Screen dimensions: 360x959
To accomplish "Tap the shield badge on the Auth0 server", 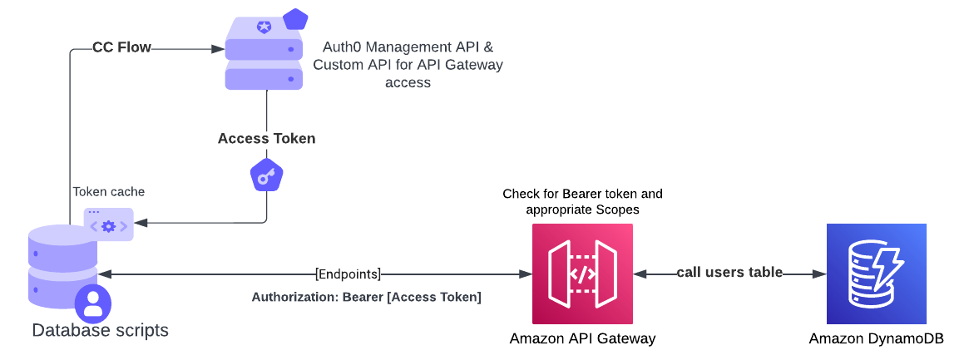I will click(264, 27).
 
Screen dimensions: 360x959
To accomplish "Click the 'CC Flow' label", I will click(121, 48).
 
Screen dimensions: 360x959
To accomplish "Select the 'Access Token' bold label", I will click(266, 139).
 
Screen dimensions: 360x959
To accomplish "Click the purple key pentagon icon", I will click(266, 175).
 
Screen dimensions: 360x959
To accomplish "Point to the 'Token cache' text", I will click(108, 191).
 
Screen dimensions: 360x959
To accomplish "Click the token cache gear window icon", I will click(108, 224).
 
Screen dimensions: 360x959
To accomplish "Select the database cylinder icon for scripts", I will click(62, 266).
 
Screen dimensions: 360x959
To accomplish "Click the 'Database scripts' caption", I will click(100, 331).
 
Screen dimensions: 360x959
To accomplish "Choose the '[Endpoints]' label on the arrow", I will click(349, 274).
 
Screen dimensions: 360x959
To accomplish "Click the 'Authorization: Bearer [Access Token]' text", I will click(366, 297).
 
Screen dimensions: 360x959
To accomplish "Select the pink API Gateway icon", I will click(582, 274).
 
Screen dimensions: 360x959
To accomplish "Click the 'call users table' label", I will click(729, 273).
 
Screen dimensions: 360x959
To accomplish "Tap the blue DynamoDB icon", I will click(876, 274).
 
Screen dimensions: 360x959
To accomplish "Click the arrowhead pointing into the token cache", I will click(140, 223).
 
